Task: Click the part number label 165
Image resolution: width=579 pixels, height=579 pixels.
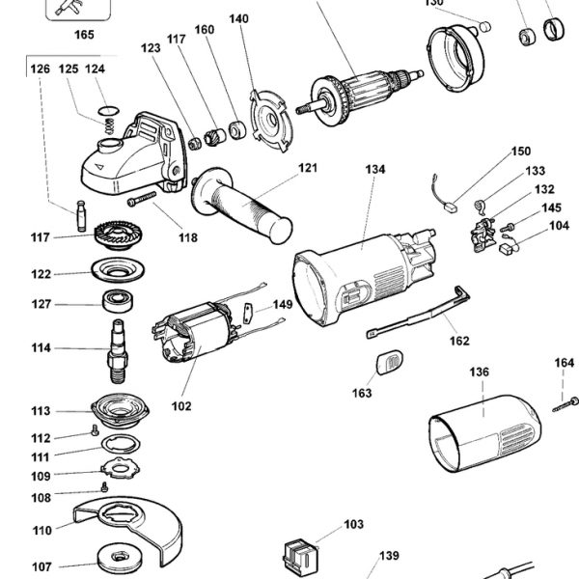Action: point(84,36)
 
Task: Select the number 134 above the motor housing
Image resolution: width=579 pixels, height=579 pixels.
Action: point(374,169)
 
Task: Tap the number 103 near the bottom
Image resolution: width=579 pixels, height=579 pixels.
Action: point(353,525)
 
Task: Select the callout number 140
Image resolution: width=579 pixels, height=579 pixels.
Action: point(238,19)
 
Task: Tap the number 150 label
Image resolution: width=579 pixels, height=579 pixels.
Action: point(520,152)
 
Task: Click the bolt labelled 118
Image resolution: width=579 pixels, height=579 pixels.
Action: point(145,200)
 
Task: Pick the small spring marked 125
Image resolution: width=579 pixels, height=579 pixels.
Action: point(111,122)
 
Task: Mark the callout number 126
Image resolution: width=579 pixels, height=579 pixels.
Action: point(40,69)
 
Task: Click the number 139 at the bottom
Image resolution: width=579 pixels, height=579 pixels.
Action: point(388,556)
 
